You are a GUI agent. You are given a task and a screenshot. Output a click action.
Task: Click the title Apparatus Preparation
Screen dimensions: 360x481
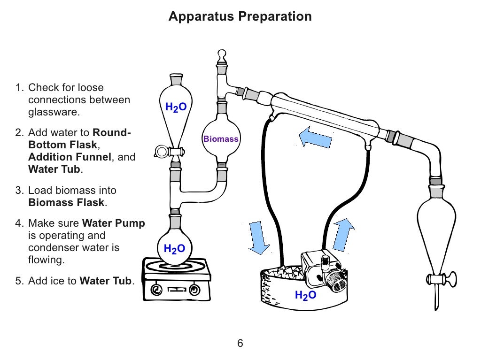click(x=240, y=17)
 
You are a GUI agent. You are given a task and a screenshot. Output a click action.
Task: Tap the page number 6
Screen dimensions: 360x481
click(x=240, y=344)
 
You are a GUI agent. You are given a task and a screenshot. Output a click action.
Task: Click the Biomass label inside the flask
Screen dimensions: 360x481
click(x=221, y=139)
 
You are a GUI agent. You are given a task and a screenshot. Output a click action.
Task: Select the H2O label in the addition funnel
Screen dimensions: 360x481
click(x=176, y=107)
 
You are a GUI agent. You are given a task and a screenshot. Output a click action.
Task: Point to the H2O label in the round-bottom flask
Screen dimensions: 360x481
click(x=174, y=249)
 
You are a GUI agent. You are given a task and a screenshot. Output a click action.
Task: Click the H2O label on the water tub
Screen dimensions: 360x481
click(x=305, y=295)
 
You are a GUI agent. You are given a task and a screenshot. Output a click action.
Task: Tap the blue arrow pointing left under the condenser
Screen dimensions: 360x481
click(x=316, y=137)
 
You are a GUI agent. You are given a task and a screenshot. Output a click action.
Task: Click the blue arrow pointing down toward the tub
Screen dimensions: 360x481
click(x=257, y=237)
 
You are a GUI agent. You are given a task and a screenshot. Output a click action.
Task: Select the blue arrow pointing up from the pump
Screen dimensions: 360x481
click(x=343, y=233)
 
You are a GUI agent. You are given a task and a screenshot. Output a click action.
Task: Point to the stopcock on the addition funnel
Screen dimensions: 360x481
click(x=163, y=151)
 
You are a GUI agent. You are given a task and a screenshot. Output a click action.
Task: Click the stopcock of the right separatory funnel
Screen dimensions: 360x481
click(x=450, y=278)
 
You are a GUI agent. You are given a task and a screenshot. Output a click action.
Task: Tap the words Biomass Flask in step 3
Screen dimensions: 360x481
click(x=66, y=203)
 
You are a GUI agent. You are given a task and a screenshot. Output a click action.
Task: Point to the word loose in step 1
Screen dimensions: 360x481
click(x=91, y=88)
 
